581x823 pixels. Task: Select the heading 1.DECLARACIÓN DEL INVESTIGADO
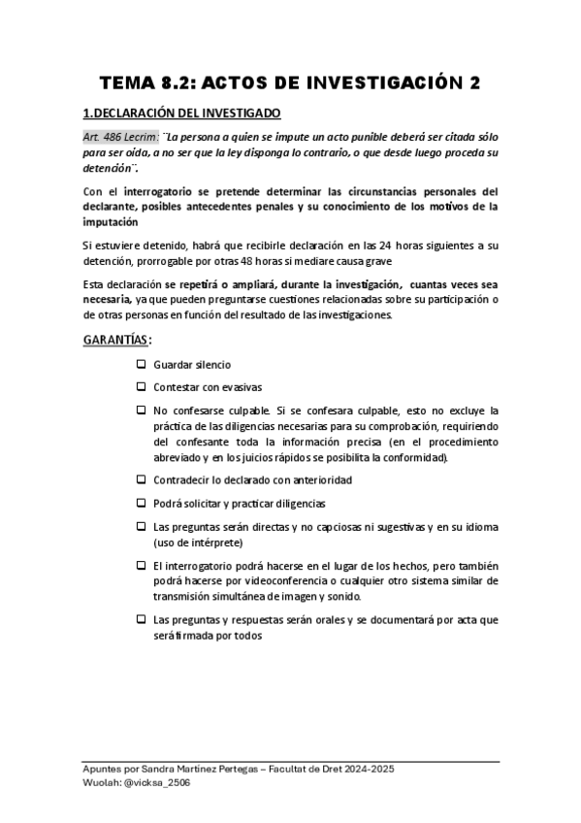(x=181, y=114)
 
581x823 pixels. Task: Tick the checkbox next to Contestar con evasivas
(x=141, y=387)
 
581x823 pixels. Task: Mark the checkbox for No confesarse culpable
(x=141, y=410)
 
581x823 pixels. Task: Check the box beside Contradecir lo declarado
(x=141, y=479)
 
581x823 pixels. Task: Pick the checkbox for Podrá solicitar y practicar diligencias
(x=141, y=503)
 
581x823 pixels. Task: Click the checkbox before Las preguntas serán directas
(x=141, y=526)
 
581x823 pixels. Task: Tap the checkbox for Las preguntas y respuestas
(x=141, y=618)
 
